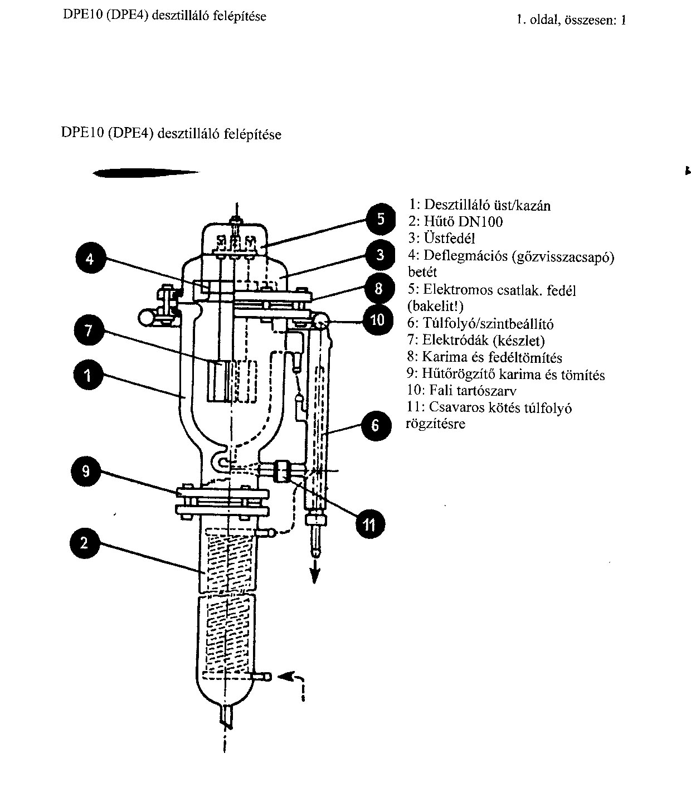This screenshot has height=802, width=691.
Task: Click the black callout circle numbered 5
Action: [x=381, y=218]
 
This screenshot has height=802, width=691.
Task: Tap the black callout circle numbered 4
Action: [x=90, y=259]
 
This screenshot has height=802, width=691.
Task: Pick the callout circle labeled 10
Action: [x=378, y=320]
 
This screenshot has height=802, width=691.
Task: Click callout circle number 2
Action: [x=84, y=542]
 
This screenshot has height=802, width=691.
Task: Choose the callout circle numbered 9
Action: [x=86, y=472]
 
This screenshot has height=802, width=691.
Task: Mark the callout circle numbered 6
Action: [x=375, y=425]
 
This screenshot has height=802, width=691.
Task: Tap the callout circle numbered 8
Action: [x=379, y=289]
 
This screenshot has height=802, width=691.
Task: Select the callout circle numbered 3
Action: [x=381, y=255]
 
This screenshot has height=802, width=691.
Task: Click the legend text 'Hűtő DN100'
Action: [x=455, y=222]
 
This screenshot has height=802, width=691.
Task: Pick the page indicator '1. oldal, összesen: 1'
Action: [x=571, y=21]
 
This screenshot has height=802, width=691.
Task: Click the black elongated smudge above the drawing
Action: [x=146, y=173]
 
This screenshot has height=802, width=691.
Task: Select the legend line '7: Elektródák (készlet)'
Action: [x=476, y=340]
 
